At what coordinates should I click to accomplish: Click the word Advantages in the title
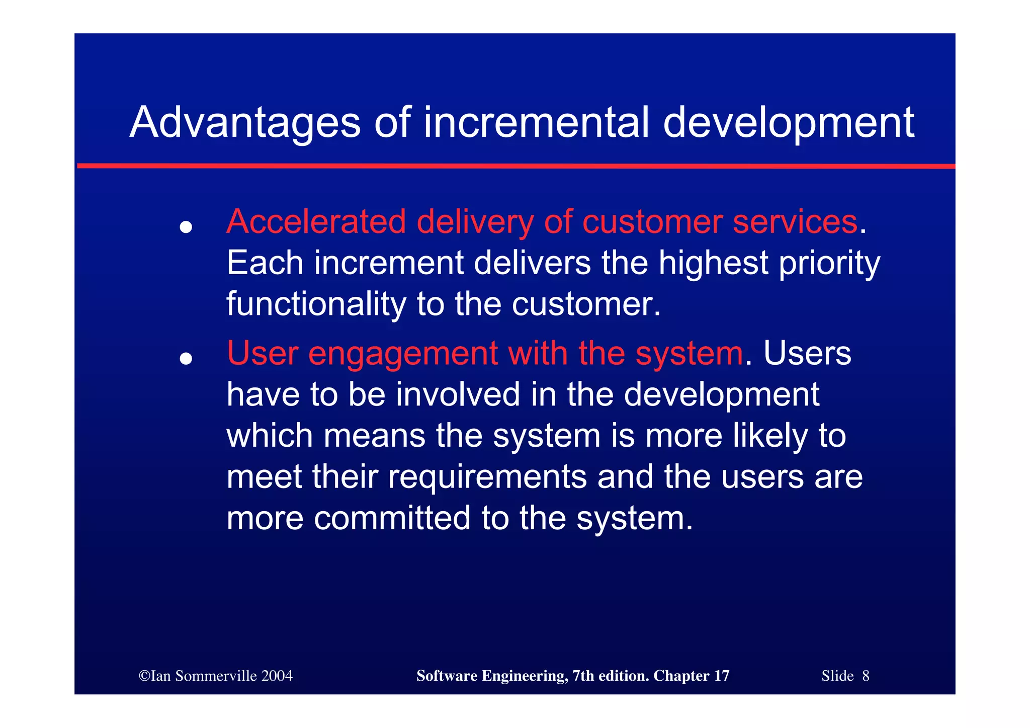tap(245, 123)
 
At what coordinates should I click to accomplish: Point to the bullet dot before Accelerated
tap(186, 227)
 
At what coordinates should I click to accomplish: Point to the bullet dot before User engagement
tap(186, 359)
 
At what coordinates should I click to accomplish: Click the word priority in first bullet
tap(829, 264)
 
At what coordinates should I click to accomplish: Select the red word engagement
tap(403, 354)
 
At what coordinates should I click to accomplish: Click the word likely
tap(769, 436)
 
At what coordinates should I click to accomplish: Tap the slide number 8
tap(866, 676)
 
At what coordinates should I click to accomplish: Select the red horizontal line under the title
tap(516, 166)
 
